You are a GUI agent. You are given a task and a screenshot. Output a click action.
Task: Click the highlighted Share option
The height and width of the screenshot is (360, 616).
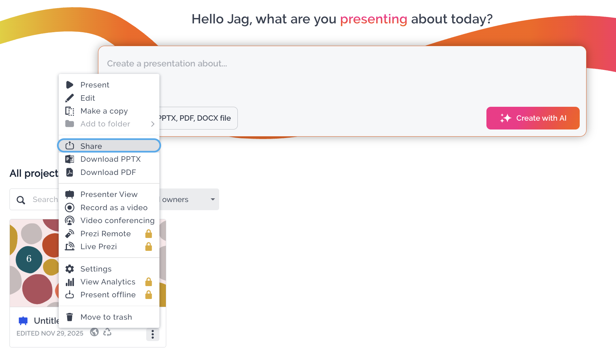click(x=109, y=146)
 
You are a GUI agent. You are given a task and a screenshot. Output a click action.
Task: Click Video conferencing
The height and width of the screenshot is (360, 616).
click(x=109, y=220)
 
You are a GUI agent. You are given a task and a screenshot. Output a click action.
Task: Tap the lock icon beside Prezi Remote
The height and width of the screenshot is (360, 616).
click(x=149, y=234)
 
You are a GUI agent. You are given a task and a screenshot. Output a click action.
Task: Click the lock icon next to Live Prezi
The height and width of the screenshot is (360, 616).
click(x=149, y=246)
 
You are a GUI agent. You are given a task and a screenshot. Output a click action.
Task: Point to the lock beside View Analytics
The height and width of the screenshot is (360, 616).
click(x=149, y=282)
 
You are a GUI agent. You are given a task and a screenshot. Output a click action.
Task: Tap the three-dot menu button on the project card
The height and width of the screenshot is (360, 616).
click(x=153, y=334)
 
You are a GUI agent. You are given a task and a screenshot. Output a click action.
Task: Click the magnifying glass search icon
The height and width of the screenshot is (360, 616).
click(x=21, y=200)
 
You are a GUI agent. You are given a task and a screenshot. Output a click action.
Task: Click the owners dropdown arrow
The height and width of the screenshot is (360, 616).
click(x=213, y=199)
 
